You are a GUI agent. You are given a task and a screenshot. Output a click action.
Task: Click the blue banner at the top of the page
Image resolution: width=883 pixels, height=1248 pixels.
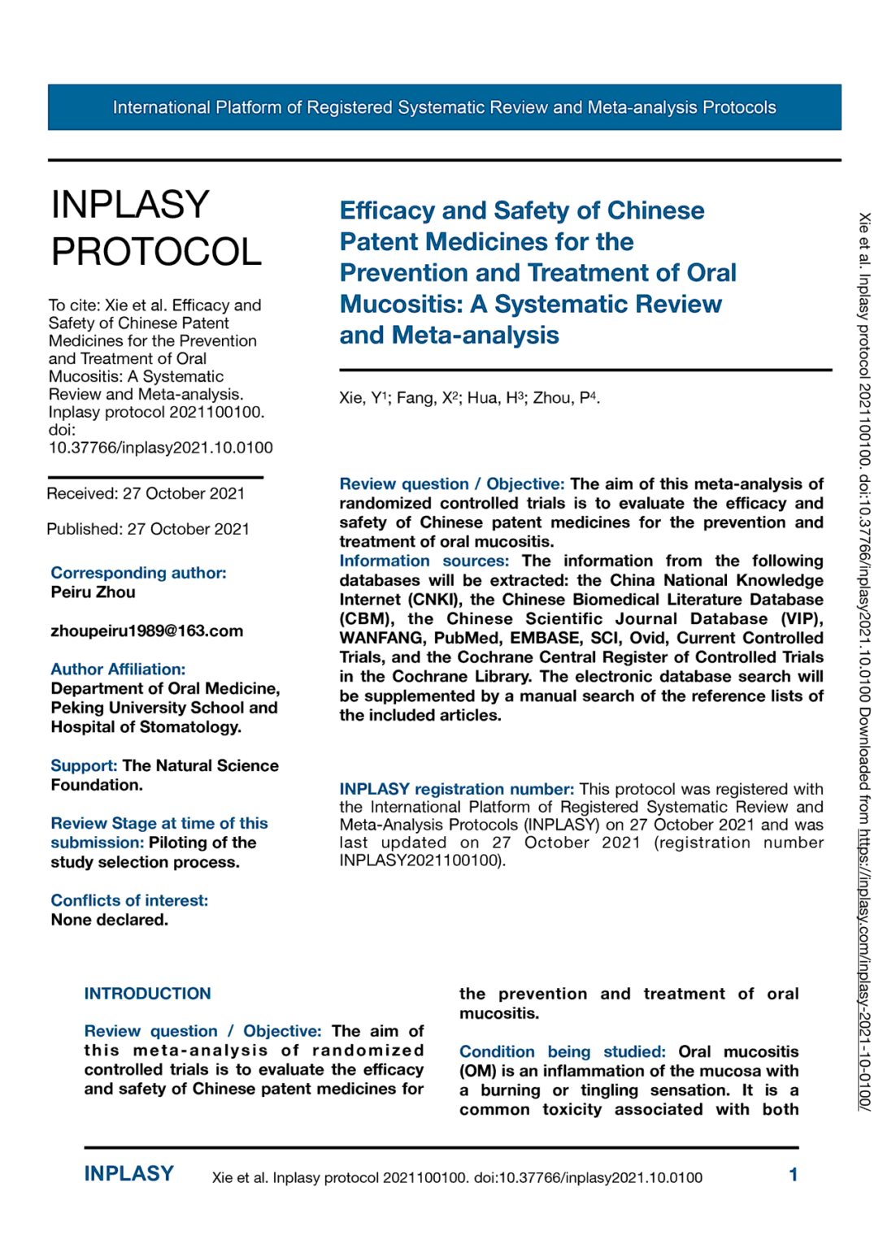click(x=444, y=107)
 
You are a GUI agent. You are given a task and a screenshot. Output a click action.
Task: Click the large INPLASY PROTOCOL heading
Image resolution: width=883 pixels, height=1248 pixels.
click(x=156, y=227)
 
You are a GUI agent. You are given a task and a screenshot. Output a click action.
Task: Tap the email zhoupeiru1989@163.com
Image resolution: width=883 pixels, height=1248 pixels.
click(x=146, y=631)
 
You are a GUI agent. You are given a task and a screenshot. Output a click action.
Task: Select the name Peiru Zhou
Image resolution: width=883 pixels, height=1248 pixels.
click(x=93, y=592)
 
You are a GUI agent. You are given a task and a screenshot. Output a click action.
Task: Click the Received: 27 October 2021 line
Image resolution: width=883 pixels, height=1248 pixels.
click(x=146, y=494)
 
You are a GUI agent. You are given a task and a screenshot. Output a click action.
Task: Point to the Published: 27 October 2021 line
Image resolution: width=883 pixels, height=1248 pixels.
click(x=148, y=529)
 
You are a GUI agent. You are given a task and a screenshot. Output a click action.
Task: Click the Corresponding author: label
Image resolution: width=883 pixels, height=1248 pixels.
click(x=138, y=573)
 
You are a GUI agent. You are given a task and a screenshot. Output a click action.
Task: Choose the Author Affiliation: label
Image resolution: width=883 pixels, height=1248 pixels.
click(x=118, y=669)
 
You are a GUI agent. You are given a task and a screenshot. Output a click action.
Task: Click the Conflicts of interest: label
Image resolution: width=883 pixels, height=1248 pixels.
click(x=129, y=900)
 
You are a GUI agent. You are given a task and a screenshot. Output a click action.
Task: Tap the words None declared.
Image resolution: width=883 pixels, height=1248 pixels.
click(x=109, y=920)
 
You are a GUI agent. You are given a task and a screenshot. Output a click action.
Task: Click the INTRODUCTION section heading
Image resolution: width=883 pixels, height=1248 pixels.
click(x=147, y=994)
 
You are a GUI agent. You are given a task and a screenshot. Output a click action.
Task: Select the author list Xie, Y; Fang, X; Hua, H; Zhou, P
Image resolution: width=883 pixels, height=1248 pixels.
click(x=469, y=398)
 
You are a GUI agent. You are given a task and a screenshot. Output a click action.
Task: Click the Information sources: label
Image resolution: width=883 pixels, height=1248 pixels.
click(x=424, y=561)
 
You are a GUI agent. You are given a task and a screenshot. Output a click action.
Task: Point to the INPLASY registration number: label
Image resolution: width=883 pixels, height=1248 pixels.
click(x=456, y=789)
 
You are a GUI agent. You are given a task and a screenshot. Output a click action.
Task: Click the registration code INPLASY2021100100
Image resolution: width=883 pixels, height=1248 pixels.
click(x=420, y=860)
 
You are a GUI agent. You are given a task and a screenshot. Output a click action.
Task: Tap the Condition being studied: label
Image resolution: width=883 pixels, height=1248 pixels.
click(x=562, y=1052)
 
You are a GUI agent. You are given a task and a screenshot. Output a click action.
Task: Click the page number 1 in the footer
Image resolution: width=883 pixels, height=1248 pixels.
click(x=793, y=1175)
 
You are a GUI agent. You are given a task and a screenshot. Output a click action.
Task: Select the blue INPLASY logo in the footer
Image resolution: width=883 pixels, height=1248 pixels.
click(x=128, y=1174)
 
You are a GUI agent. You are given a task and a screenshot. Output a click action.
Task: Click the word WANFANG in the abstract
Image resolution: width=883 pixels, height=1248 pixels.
click(x=381, y=639)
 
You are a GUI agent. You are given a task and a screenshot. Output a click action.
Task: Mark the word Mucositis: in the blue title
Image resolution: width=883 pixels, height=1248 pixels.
click(x=402, y=304)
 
